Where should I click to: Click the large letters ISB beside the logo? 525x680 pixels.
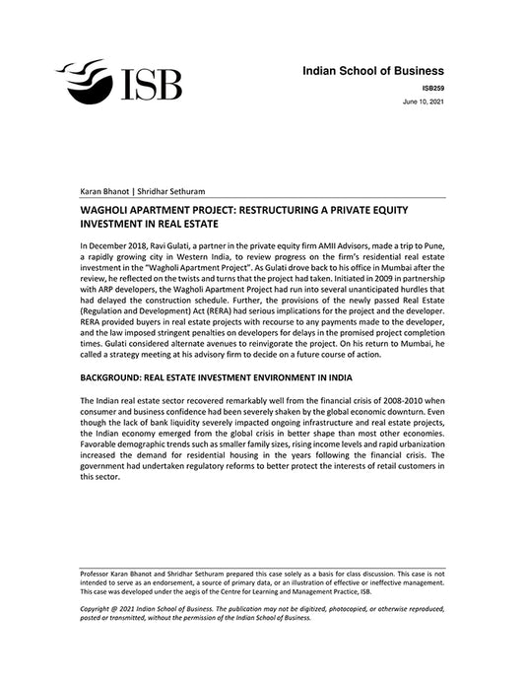point(151,84)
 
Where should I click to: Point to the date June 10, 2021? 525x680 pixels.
point(425,102)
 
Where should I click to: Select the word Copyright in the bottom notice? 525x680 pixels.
point(100,610)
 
